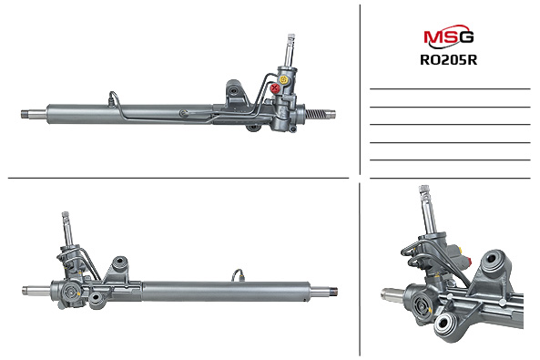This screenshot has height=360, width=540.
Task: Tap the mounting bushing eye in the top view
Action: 235,93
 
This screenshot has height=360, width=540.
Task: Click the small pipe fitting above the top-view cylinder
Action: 112,91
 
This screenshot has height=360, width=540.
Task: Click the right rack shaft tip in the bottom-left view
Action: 331,293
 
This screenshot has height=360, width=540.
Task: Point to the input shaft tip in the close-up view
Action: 423,191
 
